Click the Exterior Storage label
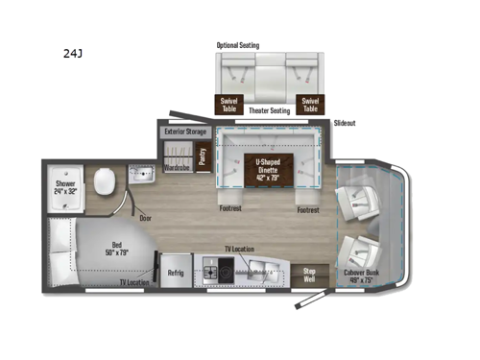(185, 131)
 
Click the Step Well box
(308, 274)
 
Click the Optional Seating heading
(240, 45)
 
